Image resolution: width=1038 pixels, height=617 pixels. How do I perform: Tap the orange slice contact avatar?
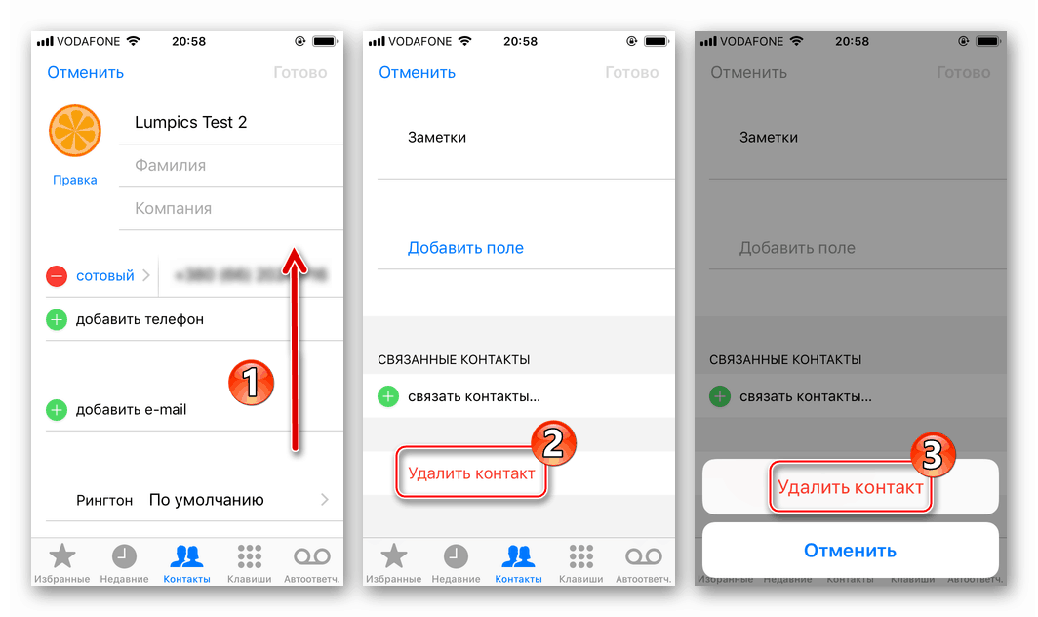(x=75, y=133)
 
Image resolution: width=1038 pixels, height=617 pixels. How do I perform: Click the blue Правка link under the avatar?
(x=75, y=180)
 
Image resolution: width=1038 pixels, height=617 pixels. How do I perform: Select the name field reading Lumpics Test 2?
(x=191, y=122)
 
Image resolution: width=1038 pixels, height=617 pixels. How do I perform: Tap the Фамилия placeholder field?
(x=171, y=165)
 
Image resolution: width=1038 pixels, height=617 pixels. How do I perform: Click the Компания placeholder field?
(x=174, y=208)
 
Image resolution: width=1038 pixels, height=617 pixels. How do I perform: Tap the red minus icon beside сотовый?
(x=57, y=276)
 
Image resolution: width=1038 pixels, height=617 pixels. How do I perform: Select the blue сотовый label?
(x=104, y=276)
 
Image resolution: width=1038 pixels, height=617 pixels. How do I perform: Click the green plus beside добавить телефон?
(x=57, y=319)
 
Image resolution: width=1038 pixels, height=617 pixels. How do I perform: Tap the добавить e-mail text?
(x=132, y=410)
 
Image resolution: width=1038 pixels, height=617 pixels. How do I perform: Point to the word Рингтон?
(x=104, y=500)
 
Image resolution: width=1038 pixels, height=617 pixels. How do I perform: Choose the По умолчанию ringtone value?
(x=207, y=500)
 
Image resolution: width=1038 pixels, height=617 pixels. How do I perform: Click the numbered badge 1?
(x=250, y=381)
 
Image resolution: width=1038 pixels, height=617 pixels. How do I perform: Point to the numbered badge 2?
(x=552, y=444)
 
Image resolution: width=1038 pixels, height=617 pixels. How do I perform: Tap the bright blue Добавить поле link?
(x=465, y=248)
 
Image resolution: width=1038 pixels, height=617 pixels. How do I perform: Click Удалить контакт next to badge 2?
(x=471, y=473)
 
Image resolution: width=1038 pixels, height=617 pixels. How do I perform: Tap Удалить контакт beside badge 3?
(x=850, y=487)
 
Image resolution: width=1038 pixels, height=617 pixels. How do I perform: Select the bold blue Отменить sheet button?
(x=850, y=551)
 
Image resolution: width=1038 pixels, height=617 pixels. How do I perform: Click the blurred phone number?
(x=252, y=276)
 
